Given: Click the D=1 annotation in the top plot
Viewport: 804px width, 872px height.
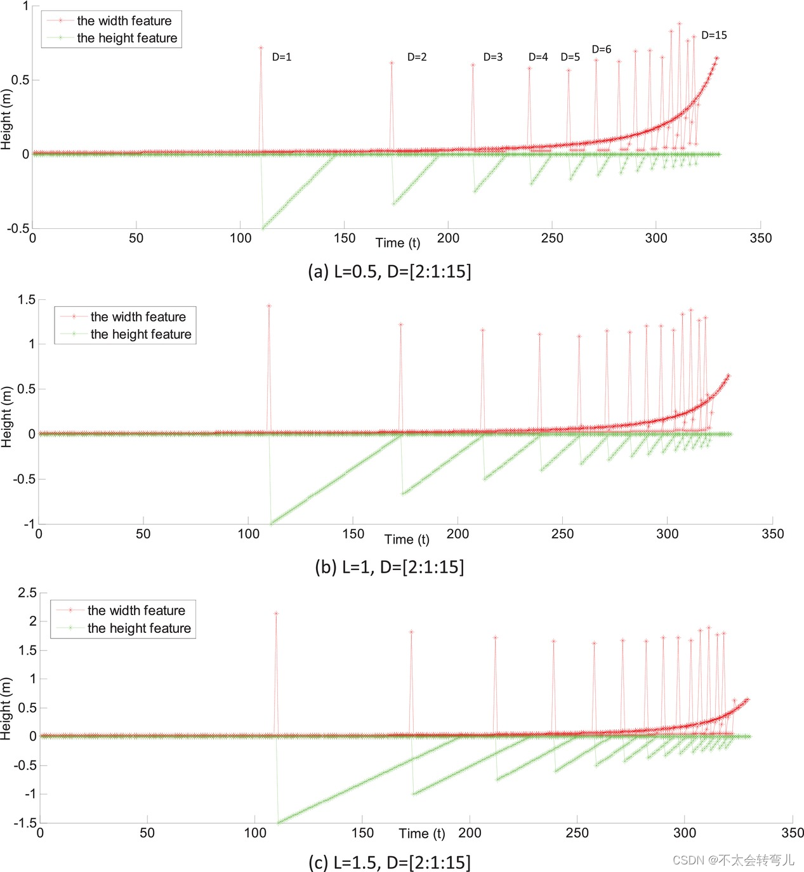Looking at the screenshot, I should click(x=282, y=57).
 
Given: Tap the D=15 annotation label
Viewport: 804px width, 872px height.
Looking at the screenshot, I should click(x=714, y=36).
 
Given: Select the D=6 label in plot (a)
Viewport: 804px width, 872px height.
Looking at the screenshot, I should click(x=601, y=49).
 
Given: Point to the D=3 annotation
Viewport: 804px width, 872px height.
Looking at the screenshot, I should click(x=492, y=57).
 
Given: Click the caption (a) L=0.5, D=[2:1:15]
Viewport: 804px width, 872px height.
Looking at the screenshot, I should click(x=389, y=271).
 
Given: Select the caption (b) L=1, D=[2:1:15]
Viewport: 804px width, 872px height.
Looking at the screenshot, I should click(x=389, y=567).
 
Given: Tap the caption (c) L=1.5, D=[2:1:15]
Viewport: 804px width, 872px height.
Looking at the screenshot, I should click(x=389, y=862).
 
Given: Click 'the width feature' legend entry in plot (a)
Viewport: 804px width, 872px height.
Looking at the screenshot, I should click(x=124, y=21).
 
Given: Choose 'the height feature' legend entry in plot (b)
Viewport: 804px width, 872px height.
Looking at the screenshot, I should click(x=140, y=334).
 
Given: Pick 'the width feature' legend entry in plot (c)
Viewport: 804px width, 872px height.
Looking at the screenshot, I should click(x=136, y=611).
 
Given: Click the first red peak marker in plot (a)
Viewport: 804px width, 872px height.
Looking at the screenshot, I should click(x=261, y=48).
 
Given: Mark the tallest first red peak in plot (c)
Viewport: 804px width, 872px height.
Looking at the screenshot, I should click(x=276, y=613).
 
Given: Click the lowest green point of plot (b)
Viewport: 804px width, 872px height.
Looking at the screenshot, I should click(x=272, y=523).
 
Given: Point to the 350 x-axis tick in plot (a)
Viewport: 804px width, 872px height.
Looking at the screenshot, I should click(x=760, y=238).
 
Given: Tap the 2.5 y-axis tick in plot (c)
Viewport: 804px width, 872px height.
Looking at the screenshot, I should click(x=27, y=593).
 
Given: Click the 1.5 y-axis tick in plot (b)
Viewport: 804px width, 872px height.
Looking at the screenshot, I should click(x=27, y=299).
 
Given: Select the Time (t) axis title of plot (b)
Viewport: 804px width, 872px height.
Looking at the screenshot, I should click(x=407, y=540).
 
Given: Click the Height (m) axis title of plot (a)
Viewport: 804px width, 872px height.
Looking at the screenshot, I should click(x=6, y=119).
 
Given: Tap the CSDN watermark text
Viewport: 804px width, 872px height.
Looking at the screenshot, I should click(x=733, y=860).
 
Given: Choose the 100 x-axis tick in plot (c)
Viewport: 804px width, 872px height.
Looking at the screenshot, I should click(x=255, y=833).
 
